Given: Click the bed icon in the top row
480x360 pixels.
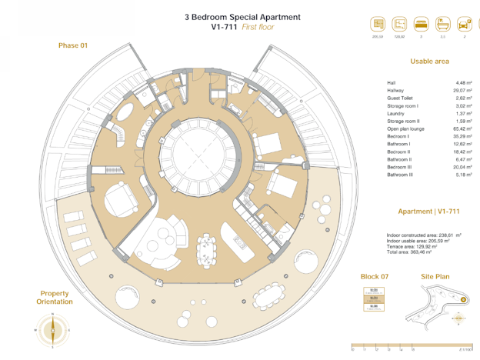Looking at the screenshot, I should (x=422, y=24).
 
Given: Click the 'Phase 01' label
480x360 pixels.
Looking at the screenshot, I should (x=73, y=45).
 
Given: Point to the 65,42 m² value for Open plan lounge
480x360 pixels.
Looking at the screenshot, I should (x=460, y=128).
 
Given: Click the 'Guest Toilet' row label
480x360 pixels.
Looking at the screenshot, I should (x=401, y=98).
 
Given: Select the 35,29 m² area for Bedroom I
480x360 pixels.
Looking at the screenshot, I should (x=460, y=136).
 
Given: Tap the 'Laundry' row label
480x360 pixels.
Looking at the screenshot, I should (x=396, y=113).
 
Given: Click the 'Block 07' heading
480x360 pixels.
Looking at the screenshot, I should (x=375, y=275).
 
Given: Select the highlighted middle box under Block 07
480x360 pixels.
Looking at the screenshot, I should (x=374, y=298).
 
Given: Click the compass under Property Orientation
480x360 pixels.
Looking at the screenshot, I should (x=52, y=332).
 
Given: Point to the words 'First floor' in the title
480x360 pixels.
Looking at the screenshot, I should (x=258, y=27).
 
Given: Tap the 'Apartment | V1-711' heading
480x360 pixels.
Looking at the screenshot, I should (x=428, y=211).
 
